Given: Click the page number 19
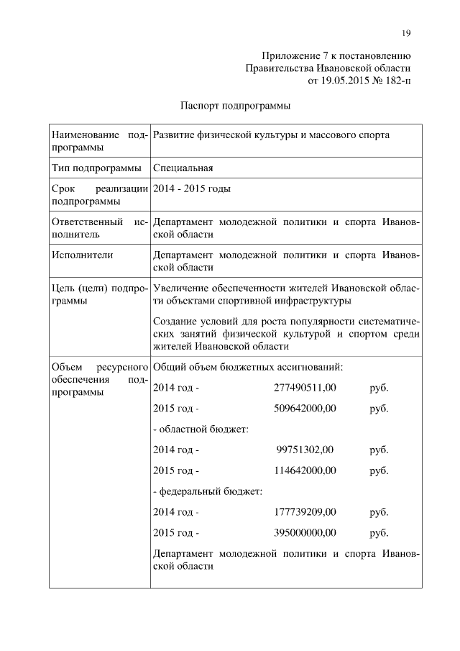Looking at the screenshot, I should [406, 32].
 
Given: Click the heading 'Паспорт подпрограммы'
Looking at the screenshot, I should [235, 106].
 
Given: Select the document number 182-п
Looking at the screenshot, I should [396, 81].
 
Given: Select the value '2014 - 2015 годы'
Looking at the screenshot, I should [192, 188].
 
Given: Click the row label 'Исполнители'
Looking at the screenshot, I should [83, 254].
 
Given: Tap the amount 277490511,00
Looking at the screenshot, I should [305, 388].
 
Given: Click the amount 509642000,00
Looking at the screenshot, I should [305, 409].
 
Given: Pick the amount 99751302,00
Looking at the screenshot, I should [305, 450].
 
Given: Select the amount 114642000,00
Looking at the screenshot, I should [305, 471].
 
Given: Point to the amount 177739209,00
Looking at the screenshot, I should [305, 512].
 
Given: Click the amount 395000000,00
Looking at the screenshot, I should [305, 533].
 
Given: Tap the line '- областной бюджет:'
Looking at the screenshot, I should [201, 429].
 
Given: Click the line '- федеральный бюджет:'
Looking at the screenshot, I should [208, 492].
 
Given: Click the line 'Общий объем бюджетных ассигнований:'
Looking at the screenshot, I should [248, 367].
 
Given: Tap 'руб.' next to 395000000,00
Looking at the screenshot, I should [379, 533].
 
